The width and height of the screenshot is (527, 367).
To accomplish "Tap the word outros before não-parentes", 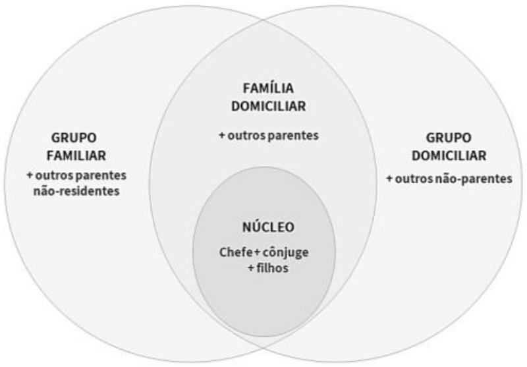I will tap(415, 179).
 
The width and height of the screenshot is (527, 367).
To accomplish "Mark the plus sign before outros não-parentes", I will tap(389, 179).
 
